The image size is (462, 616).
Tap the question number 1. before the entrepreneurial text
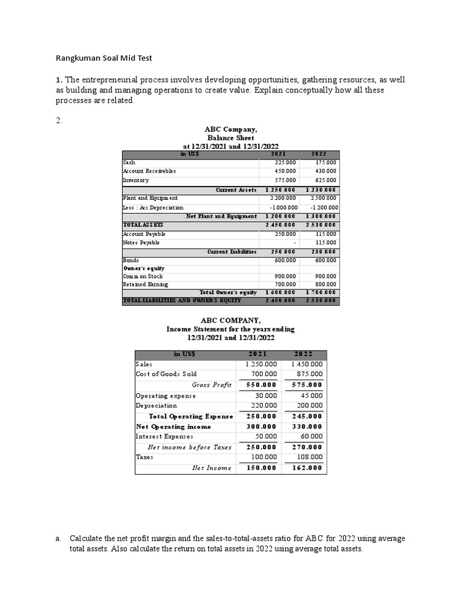coord(59,80)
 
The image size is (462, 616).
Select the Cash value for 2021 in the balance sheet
coord(285,162)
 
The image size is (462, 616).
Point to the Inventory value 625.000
coord(326,180)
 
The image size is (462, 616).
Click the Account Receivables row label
coord(149,171)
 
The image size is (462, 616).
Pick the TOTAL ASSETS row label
coord(143,224)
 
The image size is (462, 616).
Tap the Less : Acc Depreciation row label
coord(153,208)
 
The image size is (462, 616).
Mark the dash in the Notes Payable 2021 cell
coord(294,242)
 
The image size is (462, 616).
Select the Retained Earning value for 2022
coord(326,285)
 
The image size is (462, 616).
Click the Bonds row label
coord(131,260)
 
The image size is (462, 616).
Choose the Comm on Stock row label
coord(143,277)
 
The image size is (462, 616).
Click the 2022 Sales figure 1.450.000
coord(307,364)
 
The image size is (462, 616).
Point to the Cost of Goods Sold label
coord(166,374)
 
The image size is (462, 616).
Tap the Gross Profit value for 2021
coord(261,385)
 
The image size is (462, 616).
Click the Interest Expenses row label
coord(164,437)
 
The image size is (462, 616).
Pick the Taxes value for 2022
coord(309,457)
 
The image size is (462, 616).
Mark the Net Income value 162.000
coord(307,468)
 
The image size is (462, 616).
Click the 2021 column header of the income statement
coord(257,354)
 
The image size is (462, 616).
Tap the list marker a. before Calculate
coord(58,538)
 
